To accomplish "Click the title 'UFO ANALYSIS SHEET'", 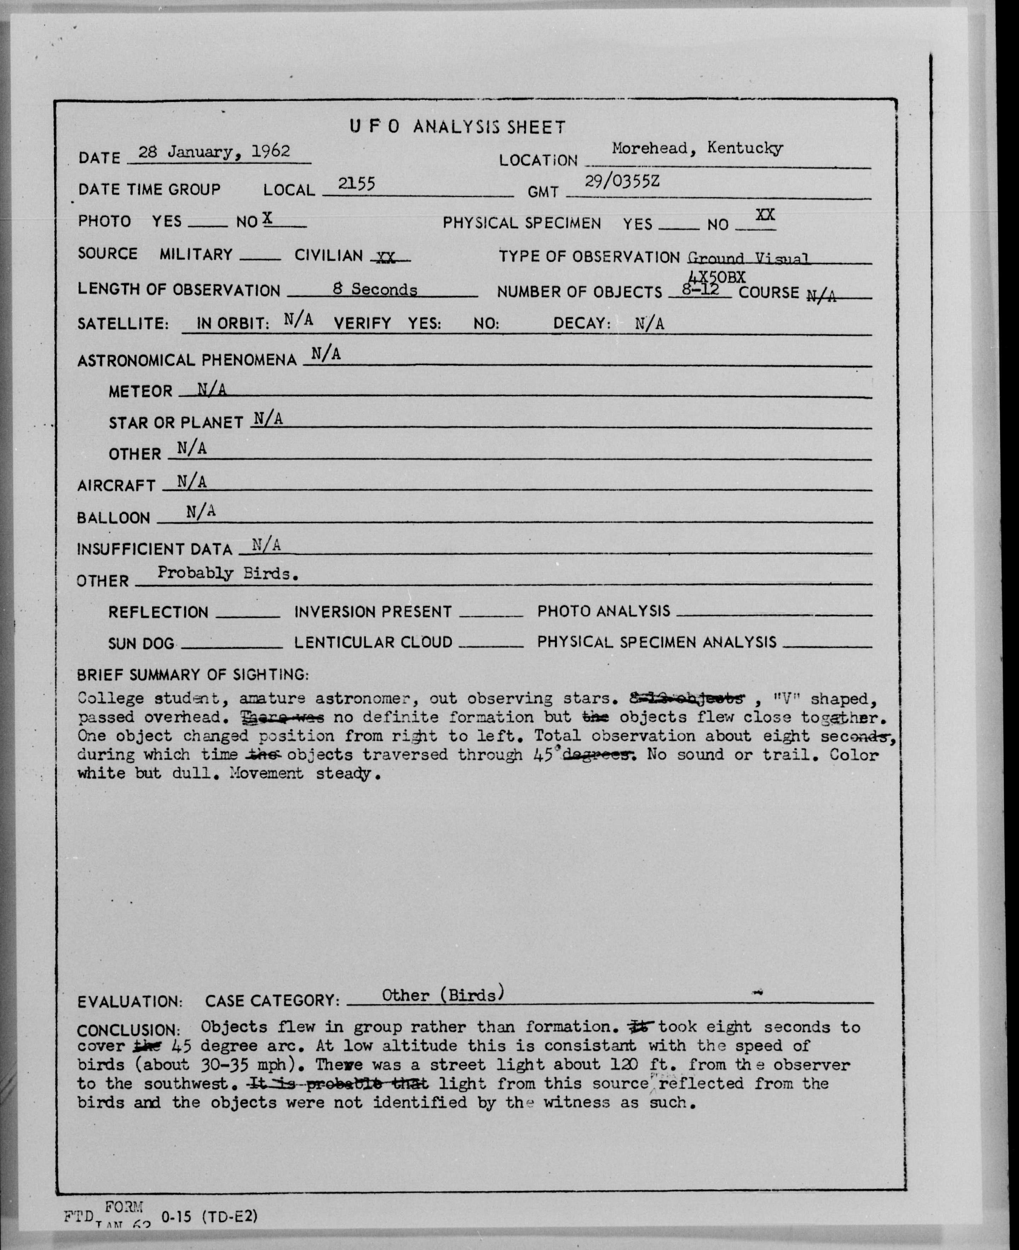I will [x=458, y=127].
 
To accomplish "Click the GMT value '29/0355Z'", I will [x=622, y=181].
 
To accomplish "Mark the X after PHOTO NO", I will [x=267, y=218].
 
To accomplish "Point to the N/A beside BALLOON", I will [x=201, y=512].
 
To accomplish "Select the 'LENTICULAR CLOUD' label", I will [x=373, y=642].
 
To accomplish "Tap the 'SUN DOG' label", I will [x=141, y=644].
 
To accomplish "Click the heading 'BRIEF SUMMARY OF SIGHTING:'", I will [x=192, y=675].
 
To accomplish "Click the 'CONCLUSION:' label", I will [x=128, y=1030].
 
